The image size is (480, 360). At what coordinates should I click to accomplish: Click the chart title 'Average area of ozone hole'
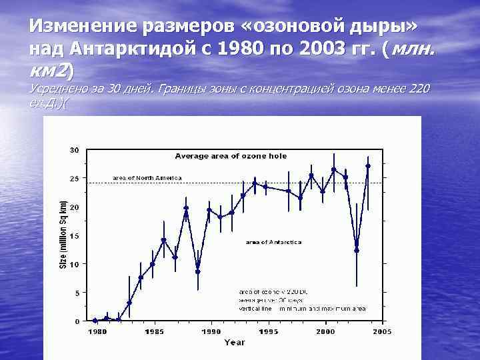click(231, 156)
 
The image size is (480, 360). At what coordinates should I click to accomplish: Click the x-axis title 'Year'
click(234, 342)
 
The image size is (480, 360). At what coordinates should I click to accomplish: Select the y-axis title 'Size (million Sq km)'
click(63, 235)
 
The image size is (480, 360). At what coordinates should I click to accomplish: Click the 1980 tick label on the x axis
click(97, 331)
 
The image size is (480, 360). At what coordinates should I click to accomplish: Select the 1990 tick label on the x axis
click(211, 331)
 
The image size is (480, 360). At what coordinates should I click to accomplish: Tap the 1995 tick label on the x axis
click(268, 331)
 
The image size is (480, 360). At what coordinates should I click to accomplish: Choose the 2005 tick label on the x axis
click(381, 331)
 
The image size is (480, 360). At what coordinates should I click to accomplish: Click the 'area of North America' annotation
click(147, 178)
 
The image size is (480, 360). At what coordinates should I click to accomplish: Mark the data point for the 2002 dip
click(357, 250)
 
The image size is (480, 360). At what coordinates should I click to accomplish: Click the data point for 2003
click(368, 165)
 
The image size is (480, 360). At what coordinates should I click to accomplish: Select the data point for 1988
click(186, 208)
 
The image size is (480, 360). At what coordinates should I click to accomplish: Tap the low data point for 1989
click(197, 271)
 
